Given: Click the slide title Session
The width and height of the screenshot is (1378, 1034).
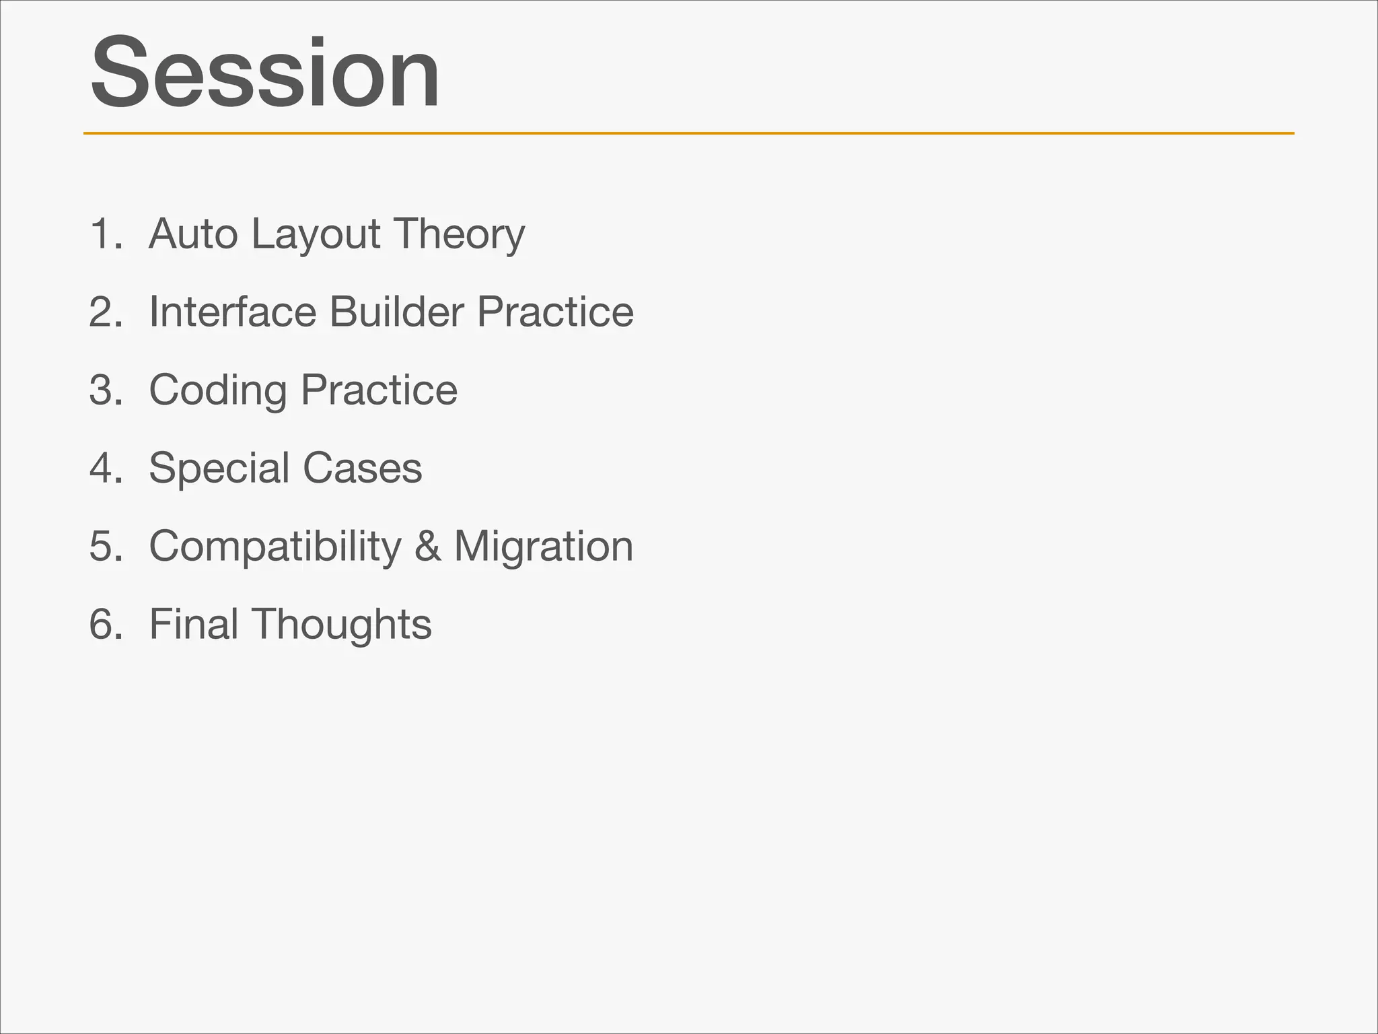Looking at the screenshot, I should [x=265, y=73].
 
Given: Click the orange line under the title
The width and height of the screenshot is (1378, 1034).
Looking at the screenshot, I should [x=688, y=133].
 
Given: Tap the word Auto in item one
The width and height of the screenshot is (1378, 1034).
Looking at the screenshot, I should [x=193, y=234].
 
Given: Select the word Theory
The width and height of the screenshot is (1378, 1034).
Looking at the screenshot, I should [x=459, y=235].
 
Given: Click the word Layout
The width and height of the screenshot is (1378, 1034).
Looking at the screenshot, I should [x=316, y=235].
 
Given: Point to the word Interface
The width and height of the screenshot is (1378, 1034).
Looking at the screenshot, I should [x=232, y=312].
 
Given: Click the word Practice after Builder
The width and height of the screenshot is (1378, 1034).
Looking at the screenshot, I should [x=555, y=312].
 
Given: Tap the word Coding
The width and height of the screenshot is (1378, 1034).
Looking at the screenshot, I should [x=217, y=391].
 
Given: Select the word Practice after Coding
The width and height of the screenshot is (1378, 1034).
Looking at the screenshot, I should [x=379, y=390].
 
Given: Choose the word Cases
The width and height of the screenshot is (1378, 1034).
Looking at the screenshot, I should [x=362, y=468].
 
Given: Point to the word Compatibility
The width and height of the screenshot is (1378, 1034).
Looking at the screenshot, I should [x=275, y=547].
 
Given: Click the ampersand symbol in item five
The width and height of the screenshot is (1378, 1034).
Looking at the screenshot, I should [x=427, y=546].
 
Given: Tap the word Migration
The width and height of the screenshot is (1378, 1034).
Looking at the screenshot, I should [x=544, y=546].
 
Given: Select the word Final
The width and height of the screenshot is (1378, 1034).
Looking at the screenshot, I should [x=194, y=624].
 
